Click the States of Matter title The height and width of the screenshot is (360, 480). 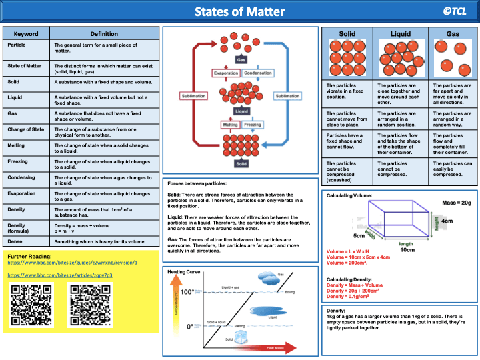click(239, 12)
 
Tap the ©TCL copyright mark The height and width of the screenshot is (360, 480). click(455, 11)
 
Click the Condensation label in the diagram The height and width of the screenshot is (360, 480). click(258, 73)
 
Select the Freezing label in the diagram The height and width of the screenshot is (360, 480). click(253, 125)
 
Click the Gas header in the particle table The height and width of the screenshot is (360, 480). click(453, 33)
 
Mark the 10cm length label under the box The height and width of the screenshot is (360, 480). click(407, 249)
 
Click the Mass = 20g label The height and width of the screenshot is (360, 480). click(457, 203)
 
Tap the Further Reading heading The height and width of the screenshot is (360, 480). click(31, 256)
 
